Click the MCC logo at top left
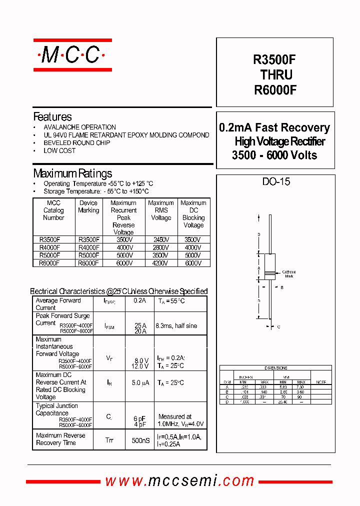(x=72, y=55)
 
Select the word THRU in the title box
(x=276, y=74)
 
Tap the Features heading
(x=52, y=117)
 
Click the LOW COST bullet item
(x=59, y=150)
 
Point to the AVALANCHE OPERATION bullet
(x=79, y=127)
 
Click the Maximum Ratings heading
(x=72, y=173)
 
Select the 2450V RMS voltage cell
(x=161, y=240)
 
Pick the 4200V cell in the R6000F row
(x=161, y=262)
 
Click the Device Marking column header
(x=88, y=206)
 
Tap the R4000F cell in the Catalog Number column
(x=49, y=247)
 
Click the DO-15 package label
(x=276, y=182)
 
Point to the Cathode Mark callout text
(x=289, y=274)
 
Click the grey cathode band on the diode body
(x=270, y=273)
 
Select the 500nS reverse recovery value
(x=140, y=440)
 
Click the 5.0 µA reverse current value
(x=140, y=383)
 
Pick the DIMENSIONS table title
(x=275, y=368)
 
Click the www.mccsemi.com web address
(x=179, y=481)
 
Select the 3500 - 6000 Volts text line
(x=274, y=155)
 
